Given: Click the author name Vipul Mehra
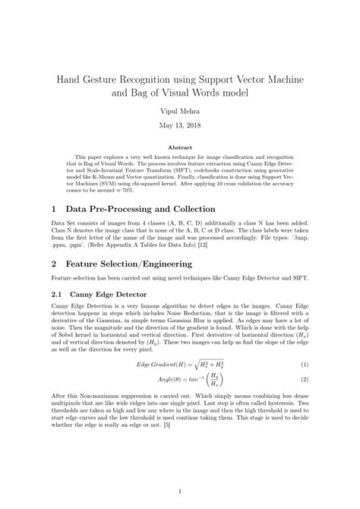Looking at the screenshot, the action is pyautogui.click(x=179, y=111).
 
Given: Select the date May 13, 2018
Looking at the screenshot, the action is pyautogui.click(x=179, y=127).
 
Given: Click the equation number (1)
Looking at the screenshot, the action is pyautogui.click(x=304, y=385).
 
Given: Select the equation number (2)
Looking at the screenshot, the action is pyautogui.click(x=304, y=400).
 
